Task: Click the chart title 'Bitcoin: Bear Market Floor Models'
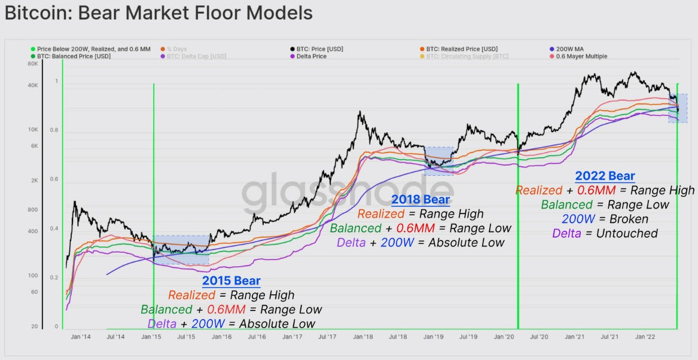tap(159, 12)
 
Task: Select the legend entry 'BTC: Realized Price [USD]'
tap(461, 49)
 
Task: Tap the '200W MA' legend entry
tap(573, 49)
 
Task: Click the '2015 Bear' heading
tap(231, 280)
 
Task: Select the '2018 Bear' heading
tap(420, 199)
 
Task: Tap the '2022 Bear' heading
tap(605, 176)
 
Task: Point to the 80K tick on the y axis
tap(32, 64)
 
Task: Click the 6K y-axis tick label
tap(33, 146)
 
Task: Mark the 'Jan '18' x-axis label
tap(363, 337)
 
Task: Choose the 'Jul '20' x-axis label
tap(539, 337)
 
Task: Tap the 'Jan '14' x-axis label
tap(81, 337)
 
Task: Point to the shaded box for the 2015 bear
tap(181, 249)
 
